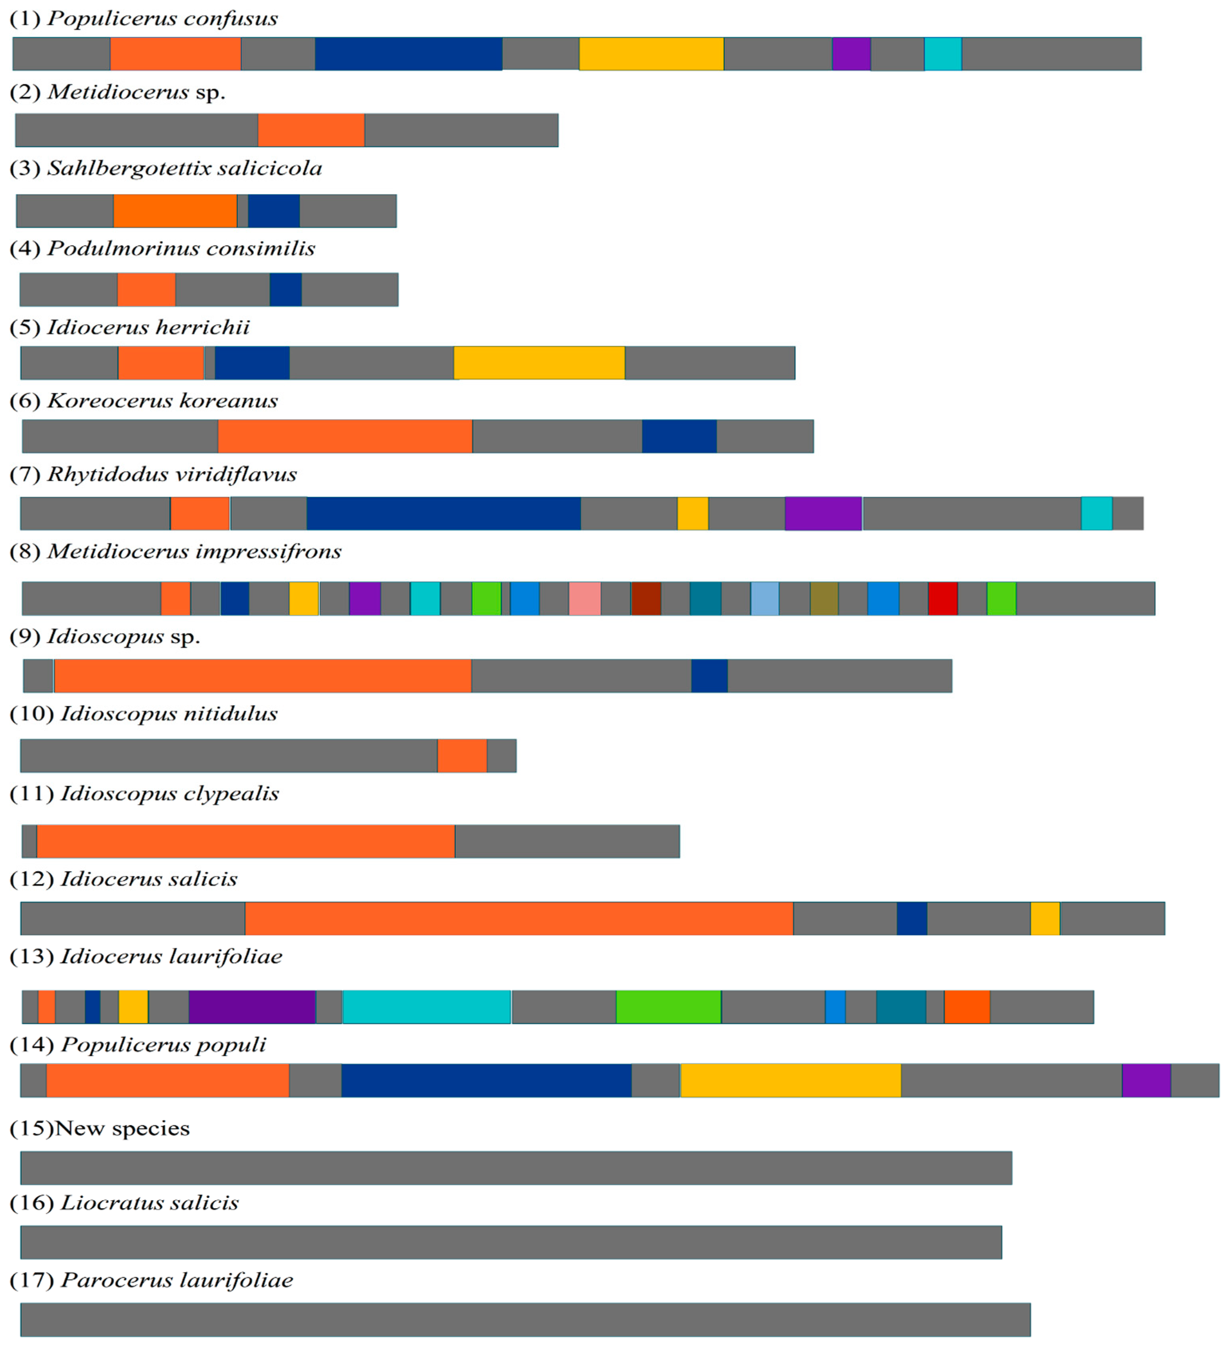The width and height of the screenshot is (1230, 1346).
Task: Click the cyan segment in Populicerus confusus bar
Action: (x=942, y=54)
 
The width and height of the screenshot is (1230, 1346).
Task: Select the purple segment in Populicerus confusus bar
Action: (x=851, y=54)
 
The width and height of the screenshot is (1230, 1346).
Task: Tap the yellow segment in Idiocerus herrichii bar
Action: (x=539, y=363)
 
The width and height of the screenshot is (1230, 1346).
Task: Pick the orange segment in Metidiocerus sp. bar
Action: (x=311, y=130)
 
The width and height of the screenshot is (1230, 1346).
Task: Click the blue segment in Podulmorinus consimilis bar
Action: (x=286, y=290)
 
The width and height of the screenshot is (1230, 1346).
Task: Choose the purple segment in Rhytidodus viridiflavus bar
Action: (x=823, y=513)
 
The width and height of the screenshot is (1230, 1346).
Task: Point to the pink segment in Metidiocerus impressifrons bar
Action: (x=585, y=598)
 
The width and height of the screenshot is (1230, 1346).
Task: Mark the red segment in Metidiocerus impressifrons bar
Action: (x=942, y=598)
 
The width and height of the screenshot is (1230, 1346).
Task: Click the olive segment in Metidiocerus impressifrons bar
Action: (x=824, y=598)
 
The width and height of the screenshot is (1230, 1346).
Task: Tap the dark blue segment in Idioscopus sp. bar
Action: (x=709, y=676)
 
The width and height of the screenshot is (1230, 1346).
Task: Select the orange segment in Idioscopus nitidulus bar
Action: (x=462, y=756)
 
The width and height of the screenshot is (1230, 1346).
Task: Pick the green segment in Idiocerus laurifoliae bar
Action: (x=668, y=1007)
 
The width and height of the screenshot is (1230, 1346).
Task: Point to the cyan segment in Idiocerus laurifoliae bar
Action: (x=427, y=1007)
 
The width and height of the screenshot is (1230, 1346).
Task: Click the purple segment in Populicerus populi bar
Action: (x=1146, y=1080)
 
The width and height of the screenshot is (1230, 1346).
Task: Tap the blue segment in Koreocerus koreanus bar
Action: (x=679, y=436)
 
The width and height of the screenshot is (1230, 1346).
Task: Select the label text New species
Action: (x=122, y=1128)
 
